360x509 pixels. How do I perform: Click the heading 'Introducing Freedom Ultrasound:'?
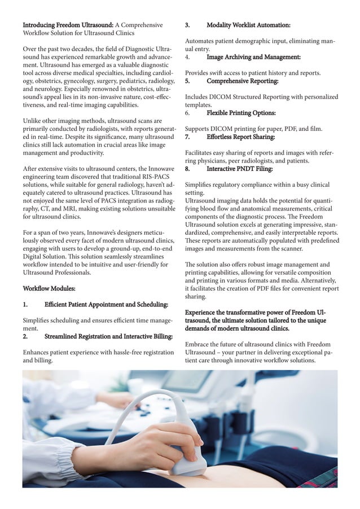coord(68,25)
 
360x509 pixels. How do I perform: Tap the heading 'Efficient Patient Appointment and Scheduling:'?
coord(106,304)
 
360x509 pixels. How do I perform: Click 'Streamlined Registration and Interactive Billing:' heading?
coord(108,336)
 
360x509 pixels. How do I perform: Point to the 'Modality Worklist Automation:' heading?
coord(248,25)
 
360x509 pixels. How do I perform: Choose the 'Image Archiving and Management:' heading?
coord(253,57)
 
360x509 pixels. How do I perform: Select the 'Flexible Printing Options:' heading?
coord(243,113)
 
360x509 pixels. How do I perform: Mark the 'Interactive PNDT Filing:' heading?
coord(239,169)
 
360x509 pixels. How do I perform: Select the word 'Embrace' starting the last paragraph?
coord(199,344)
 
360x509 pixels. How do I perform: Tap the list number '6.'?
coord(188,113)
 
